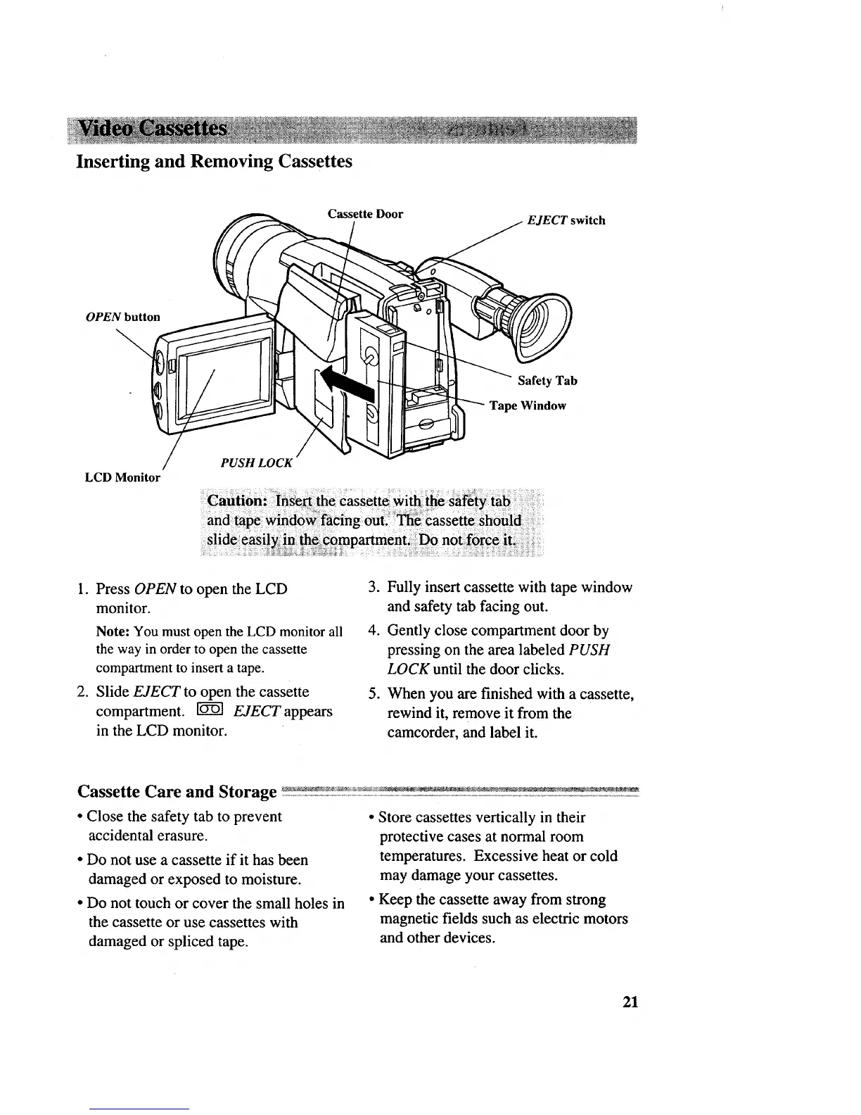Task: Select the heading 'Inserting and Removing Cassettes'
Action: click(214, 161)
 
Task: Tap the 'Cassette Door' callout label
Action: click(365, 214)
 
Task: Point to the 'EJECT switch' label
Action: click(566, 220)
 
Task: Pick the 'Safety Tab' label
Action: click(547, 381)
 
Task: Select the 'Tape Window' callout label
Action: click(528, 405)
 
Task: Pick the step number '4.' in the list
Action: click(374, 630)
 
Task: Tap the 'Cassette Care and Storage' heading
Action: click(177, 791)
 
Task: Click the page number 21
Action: click(630, 1002)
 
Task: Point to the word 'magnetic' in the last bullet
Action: click(405, 919)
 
